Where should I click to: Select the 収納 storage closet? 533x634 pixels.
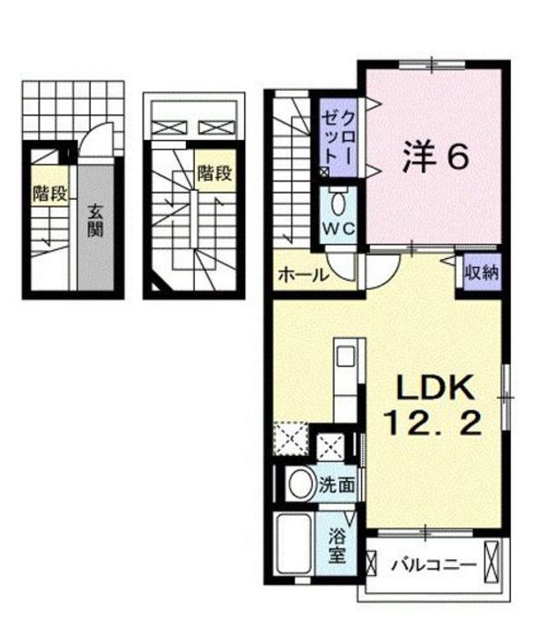coord(481,271)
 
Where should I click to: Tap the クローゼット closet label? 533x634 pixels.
coord(336,137)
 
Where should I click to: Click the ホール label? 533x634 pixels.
coord(303,275)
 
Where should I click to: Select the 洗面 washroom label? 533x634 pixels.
coord(337,483)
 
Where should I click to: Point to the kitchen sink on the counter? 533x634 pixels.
coord(344,357)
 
